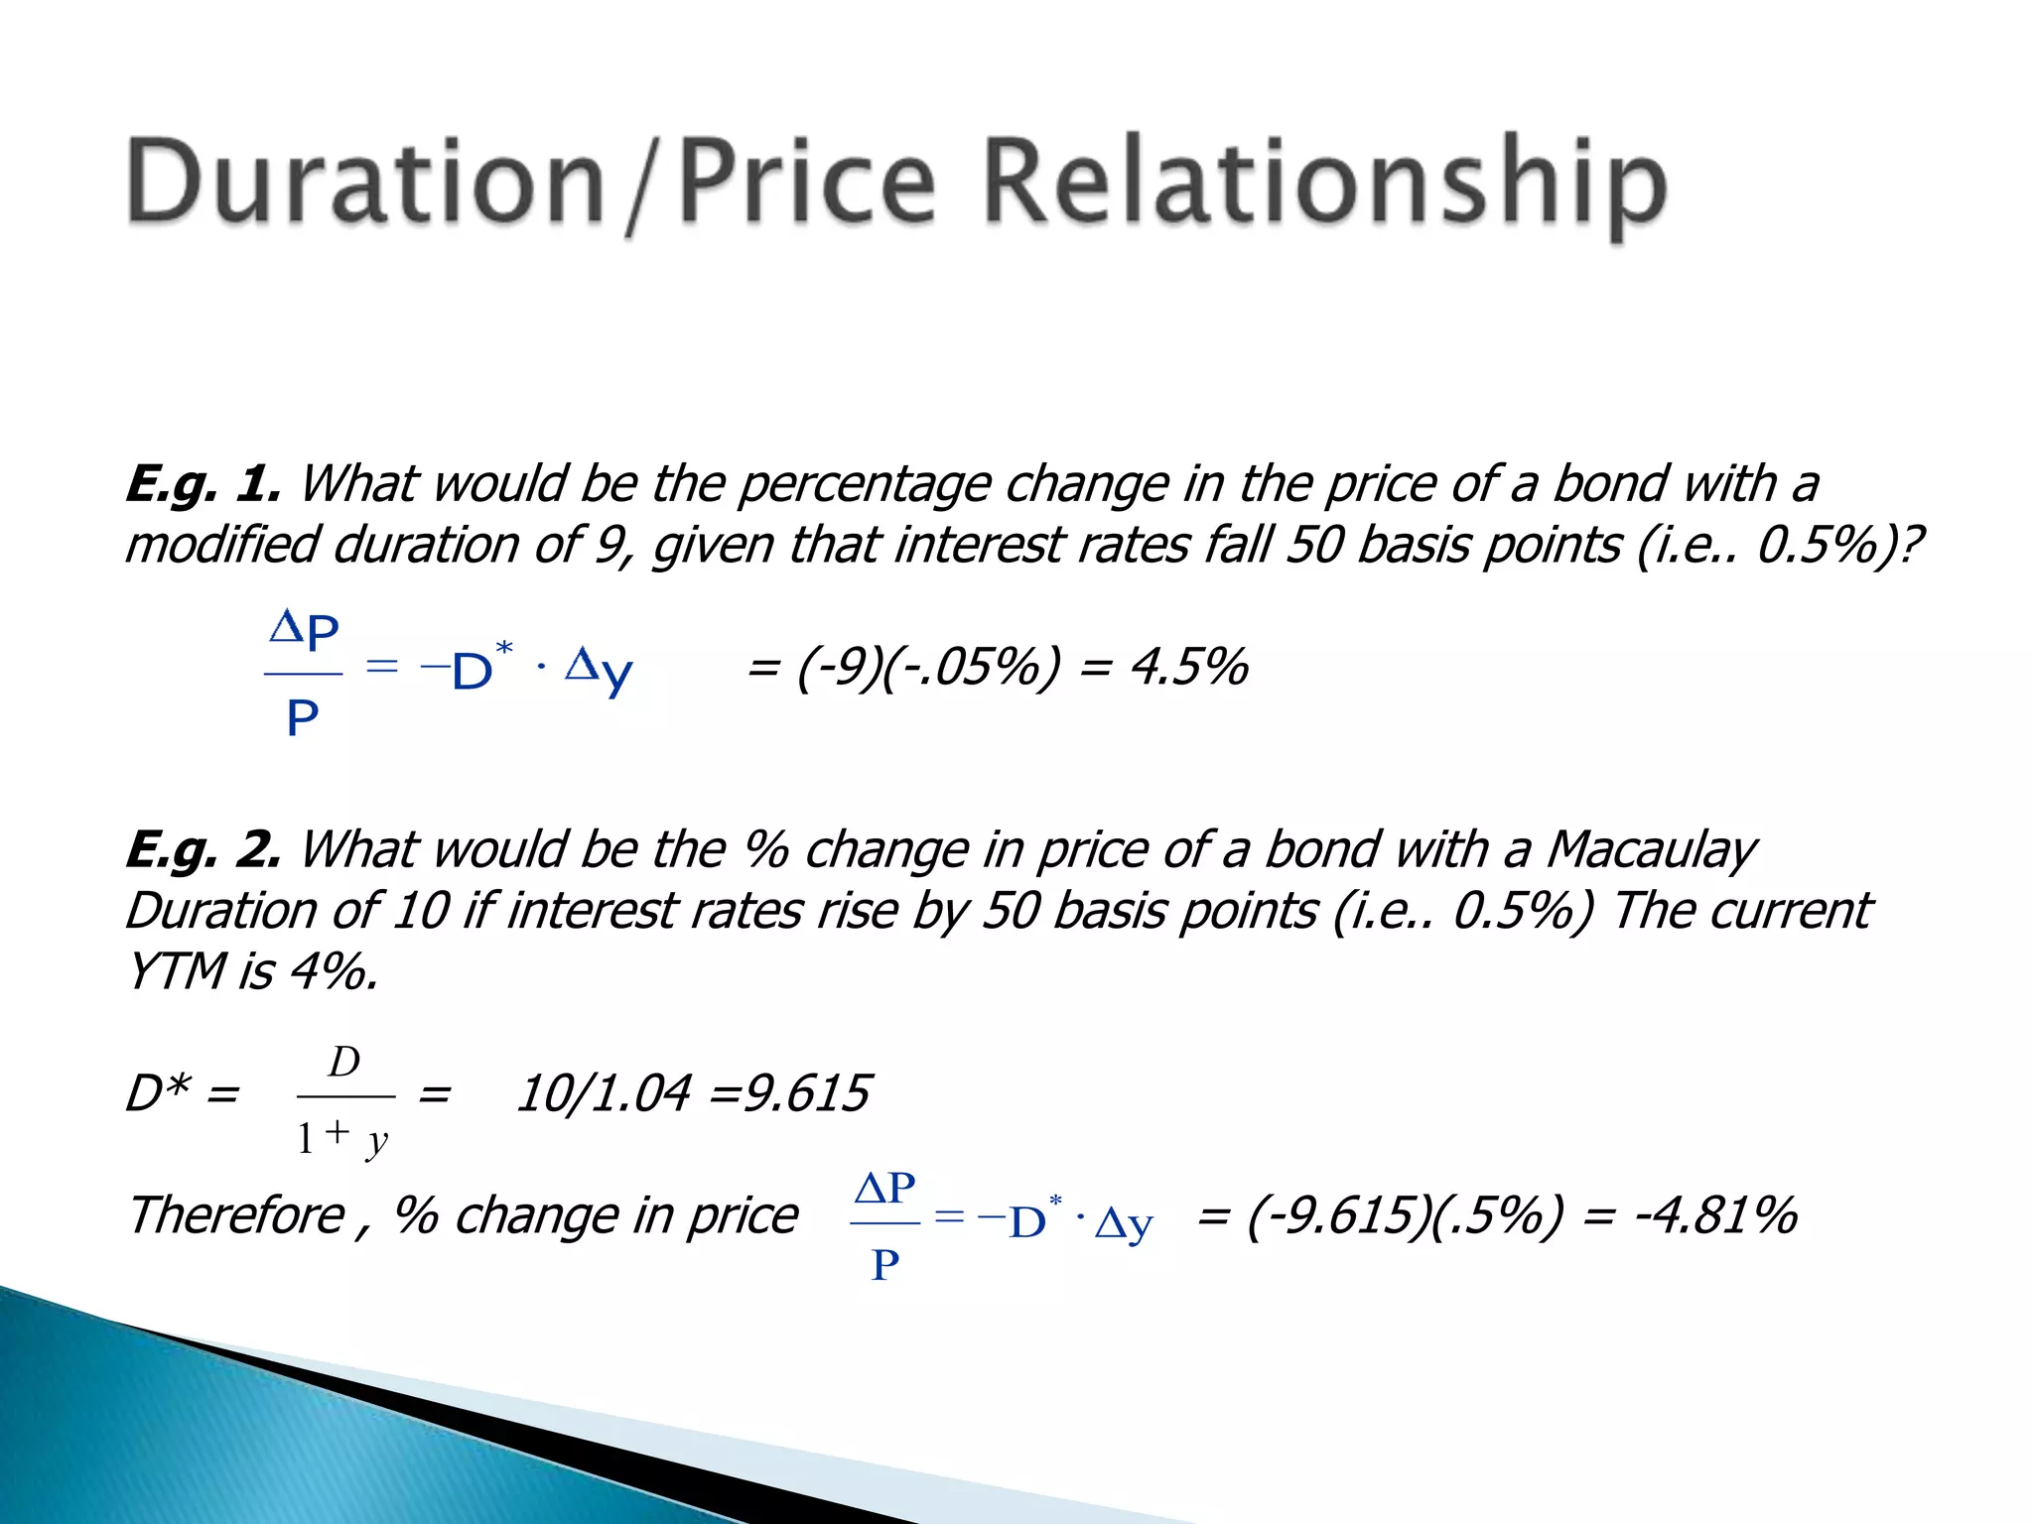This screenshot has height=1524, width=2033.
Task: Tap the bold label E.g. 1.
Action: coord(203,485)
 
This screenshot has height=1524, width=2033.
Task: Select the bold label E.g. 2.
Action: coord(203,850)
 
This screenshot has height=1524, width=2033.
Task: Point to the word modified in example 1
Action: coord(222,546)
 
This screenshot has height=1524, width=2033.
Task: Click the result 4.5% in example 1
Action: coord(1189,667)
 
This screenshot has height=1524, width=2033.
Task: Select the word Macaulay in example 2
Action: coord(1652,850)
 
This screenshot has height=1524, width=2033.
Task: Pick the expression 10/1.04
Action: coord(604,1093)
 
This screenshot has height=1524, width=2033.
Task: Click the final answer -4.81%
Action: coord(1716,1215)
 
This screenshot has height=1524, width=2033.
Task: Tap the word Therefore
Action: coord(237,1215)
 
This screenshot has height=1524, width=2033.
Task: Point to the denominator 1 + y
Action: coord(342,1138)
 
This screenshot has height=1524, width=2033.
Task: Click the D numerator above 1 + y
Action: coord(344,1063)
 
